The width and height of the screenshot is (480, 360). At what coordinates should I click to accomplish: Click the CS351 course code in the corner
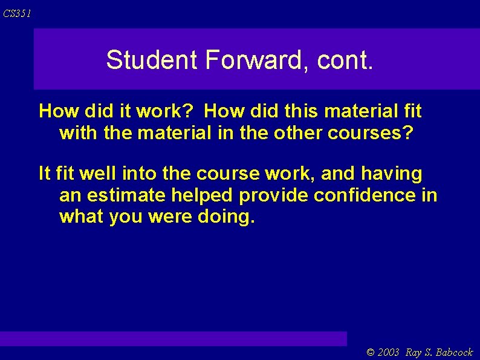point(17,13)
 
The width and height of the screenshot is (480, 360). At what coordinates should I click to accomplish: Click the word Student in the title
point(152,60)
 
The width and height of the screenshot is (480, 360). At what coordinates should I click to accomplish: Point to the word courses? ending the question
point(371,133)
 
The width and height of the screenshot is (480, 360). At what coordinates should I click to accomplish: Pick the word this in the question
point(302,111)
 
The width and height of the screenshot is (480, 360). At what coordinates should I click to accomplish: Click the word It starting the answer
point(44,174)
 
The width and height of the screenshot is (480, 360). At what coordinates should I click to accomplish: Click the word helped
point(205,195)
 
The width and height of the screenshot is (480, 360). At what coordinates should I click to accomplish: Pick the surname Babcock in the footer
point(454,352)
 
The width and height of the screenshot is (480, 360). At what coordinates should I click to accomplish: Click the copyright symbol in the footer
point(371,352)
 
